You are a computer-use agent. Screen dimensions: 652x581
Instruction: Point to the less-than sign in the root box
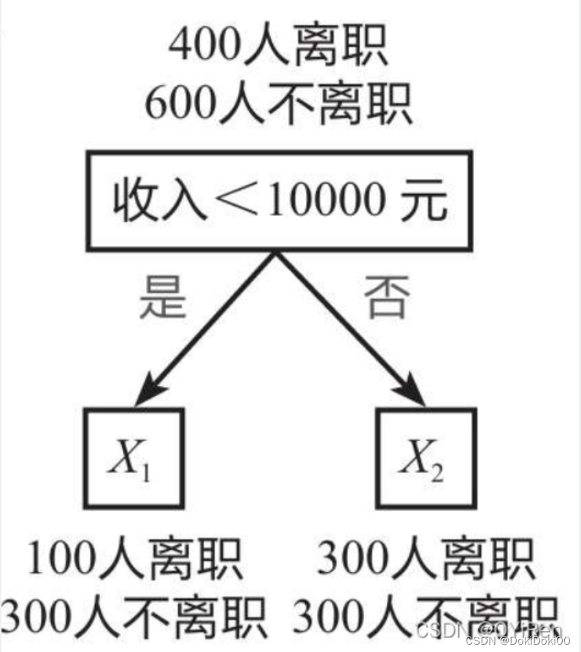(x=231, y=201)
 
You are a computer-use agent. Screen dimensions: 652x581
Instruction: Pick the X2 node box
(x=426, y=458)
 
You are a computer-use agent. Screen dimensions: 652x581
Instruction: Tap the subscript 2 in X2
(x=439, y=471)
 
